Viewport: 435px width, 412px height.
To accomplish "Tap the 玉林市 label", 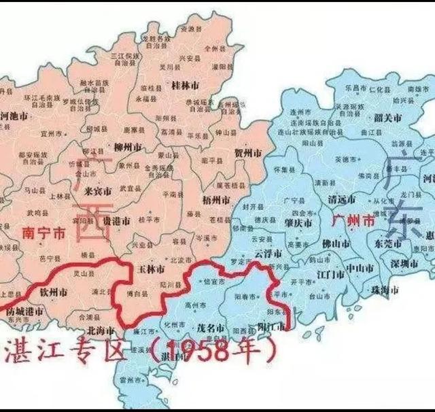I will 151,270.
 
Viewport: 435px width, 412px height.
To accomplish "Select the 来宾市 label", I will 97,191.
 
